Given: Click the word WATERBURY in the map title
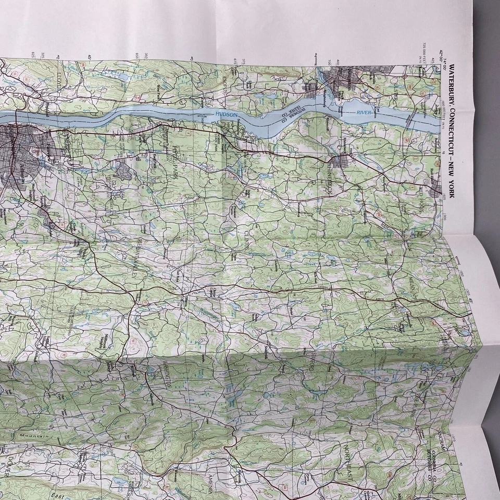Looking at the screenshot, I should pos(452,84).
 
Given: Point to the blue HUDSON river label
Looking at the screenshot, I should pos(225,115).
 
